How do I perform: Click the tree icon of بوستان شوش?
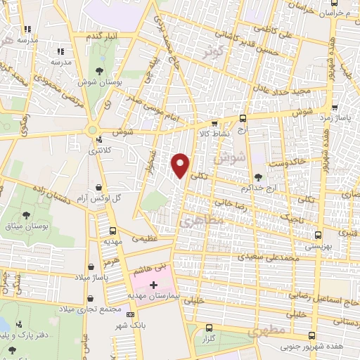click(99, 71)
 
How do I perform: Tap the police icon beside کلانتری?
click(99, 139)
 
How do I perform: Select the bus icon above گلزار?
click(209, 328)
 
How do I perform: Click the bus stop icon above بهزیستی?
click(318, 236)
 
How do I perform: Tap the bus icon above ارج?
click(243, 119)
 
